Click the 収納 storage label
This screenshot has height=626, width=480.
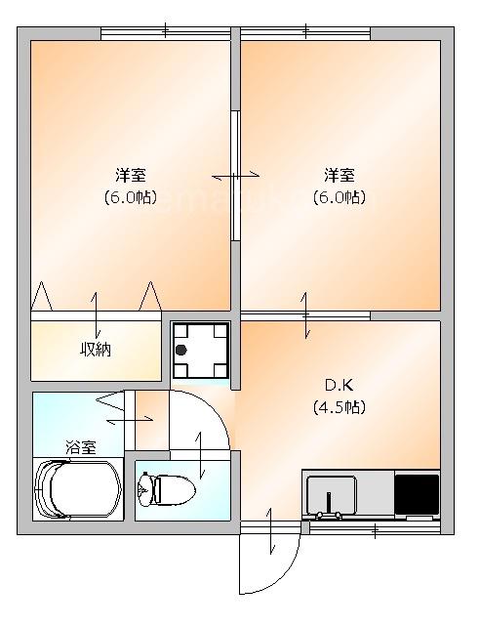[96, 350]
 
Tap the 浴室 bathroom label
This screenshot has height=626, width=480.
[81, 447]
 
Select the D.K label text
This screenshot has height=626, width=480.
[339, 385]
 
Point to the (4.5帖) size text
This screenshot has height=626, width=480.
[339, 407]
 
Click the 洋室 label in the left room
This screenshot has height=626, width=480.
[131, 175]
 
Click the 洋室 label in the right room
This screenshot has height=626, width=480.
[339, 175]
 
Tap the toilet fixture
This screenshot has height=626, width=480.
[166, 488]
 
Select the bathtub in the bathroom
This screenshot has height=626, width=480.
[78, 489]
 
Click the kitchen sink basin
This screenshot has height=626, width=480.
[332, 494]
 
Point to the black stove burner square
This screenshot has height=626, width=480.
[417, 494]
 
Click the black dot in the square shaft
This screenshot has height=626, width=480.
[181, 351]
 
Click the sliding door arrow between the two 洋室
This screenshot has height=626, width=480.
[236, 175]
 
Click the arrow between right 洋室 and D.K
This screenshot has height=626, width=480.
[305, 315]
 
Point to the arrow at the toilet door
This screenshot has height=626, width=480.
[200, 455]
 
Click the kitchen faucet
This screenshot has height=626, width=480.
[329, 506]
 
